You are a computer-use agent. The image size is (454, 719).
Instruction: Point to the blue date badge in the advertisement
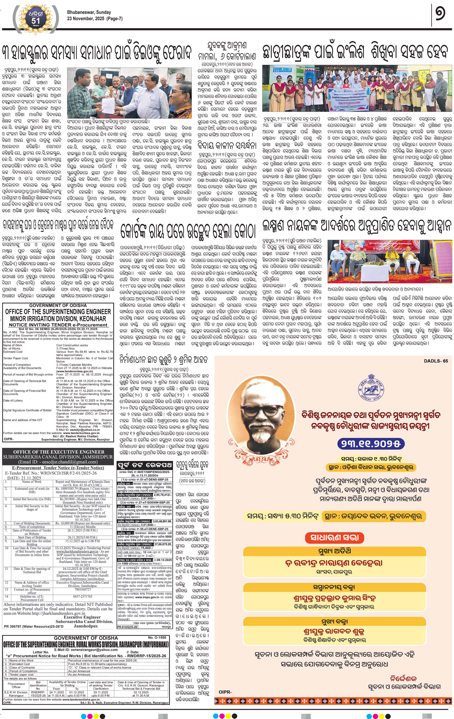(x=371, y=444)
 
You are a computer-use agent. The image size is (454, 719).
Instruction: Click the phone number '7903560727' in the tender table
(x=82, y=590)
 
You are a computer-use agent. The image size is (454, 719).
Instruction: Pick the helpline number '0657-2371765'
(x=82, y=596)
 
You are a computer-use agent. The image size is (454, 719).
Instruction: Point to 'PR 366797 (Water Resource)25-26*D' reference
(x=34, y=626)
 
